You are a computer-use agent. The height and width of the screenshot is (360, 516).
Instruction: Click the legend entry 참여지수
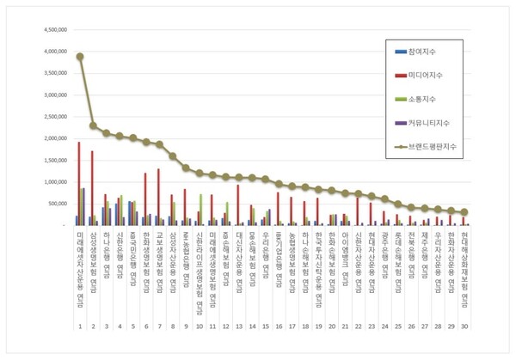(422, 52)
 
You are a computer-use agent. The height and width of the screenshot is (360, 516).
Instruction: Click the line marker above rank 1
(80, 57)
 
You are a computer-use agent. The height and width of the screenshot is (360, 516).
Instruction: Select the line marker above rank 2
(93, 125)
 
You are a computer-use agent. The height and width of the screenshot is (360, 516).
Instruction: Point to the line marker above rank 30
(464, 212)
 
